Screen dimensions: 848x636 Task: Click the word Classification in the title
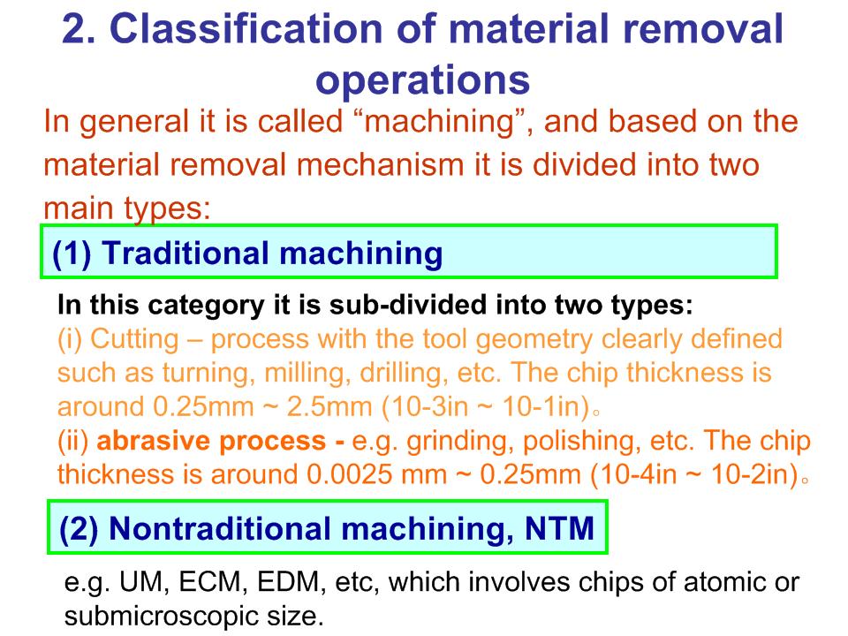point(246,28)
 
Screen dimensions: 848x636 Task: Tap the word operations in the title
point(422,81)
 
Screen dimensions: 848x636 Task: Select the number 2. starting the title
point(79,28)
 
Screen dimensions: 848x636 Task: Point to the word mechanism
point(382,164)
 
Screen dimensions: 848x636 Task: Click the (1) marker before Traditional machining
point(72,254)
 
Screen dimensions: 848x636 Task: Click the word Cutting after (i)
point(134,339)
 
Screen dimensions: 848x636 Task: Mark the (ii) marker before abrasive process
point(73,441)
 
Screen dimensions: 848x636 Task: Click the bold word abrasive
point(154,441)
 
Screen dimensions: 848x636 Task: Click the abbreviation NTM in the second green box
point(560,528)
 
